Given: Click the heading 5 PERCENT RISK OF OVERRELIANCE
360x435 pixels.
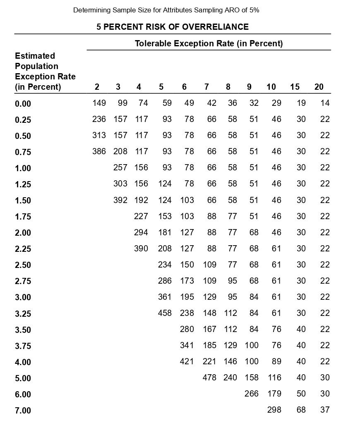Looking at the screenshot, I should click(173, 27).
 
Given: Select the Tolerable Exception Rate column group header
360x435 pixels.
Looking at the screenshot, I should click(209, 43).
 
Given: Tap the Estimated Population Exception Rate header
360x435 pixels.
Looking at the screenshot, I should click(45, 71).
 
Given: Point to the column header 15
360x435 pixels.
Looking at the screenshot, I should click(295, 87).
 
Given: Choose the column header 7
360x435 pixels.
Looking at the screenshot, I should click(206, 87).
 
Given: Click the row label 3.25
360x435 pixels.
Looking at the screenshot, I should click(23, 314).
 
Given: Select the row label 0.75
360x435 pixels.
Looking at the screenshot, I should click(23, 152).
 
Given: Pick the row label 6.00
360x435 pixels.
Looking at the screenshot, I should click(23, 394).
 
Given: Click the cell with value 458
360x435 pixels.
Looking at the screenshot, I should click(165, 313).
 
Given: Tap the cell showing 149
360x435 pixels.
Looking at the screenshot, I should click(99, 103).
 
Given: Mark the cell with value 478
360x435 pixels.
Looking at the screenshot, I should click(209, 378).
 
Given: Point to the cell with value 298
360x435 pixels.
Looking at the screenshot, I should click(274, 410).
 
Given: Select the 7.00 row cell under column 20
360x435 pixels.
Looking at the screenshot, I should click(325, 410).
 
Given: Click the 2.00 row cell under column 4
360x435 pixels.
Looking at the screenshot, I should click(141, 232).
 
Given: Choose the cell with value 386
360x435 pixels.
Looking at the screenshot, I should click(99, 151).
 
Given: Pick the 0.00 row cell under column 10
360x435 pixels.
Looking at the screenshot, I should click(276, 103).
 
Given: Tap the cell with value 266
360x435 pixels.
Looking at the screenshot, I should click(251, 394).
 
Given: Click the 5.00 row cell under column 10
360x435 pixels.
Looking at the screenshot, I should click(274, 378).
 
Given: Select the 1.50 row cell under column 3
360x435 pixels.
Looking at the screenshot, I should click(120, 200).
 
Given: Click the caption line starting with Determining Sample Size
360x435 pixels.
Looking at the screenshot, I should click(166, 10).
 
